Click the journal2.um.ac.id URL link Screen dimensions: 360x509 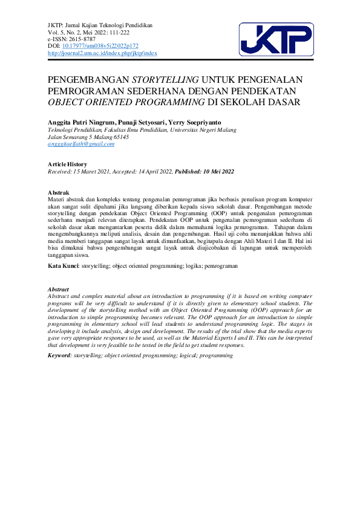coord(102,53)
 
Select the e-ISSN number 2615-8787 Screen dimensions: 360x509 coord(84,39)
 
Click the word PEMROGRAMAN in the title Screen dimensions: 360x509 coord(80,90)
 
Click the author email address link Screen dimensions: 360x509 coord(81,144)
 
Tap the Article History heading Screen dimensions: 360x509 coord(67,164)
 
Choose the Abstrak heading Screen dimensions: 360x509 coord(58,193)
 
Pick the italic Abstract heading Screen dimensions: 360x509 coord(58,290)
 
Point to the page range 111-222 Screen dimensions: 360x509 coord(122,32)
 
